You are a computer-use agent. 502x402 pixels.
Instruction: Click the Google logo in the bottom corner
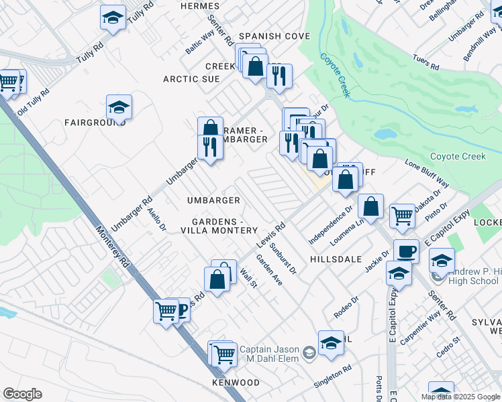pyautogui.click(x=22, y=394)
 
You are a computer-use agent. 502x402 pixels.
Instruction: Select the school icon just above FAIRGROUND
pyautogui.click(x=119, y=107)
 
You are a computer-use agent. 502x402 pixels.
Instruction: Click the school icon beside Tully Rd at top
pyautogui.click(x=113, y=17)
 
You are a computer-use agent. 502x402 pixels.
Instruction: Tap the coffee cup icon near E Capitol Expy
pyautogui.click(x=405, y=251)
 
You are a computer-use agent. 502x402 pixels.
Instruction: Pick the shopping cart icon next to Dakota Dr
pyautogui.click(x=401, y=216)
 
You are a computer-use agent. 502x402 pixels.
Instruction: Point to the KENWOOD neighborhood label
pyautogui.click(x=236, y=383)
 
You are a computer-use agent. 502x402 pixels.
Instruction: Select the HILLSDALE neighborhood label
pyautogui.click(x=336, y=259)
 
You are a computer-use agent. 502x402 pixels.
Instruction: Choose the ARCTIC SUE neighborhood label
pyautogui.click(x=191, y=79)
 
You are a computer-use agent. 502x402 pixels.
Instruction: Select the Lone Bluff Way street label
pyautogui.click(x=427, y=173)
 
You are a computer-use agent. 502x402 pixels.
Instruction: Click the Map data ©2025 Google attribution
pyautogui.click(x=460, y=397)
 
